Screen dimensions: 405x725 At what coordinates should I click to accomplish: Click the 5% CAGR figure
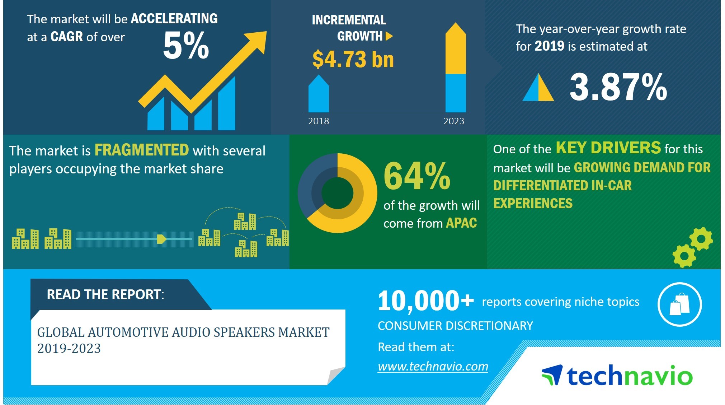pyautogui.click(x=186, y=46)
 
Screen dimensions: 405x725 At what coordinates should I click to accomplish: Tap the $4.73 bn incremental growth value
pyautogui.click(x=353, y=60)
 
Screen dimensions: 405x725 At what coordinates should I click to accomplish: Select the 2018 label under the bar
pyautogui.click(x=319, y=121)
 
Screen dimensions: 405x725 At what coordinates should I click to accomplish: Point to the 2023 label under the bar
pyautogui.click(x=454, y=121)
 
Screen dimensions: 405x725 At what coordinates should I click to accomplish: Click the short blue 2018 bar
pyautogui.click(x=319, y=95)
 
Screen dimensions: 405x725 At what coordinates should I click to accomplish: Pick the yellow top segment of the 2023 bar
pyautogui.click(x=456, y=50)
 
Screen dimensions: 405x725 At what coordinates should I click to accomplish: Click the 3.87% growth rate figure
pyautogui.click(x=618, y=87)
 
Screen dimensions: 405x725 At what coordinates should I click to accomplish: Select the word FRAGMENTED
pyautogui.click(x=142, y=150)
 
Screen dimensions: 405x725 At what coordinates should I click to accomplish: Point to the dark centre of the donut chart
pyautogui.click(x=337, y=193)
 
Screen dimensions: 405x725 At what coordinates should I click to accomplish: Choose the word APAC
pyautogui.click(x=461, y=223)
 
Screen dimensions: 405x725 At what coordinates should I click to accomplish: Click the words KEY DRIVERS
pyautogui.click(x=608, y=148)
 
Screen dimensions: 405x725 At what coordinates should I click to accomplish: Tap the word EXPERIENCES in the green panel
pyautogui.click(x=533, y=204)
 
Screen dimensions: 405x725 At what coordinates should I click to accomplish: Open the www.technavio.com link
pyautogui.click(x=433, y=366)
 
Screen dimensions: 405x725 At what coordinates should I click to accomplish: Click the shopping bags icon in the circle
pyautogui.click(x=679, y=304)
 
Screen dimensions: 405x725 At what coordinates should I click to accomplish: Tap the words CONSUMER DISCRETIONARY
pyautogui.click(x=455, y=326)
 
